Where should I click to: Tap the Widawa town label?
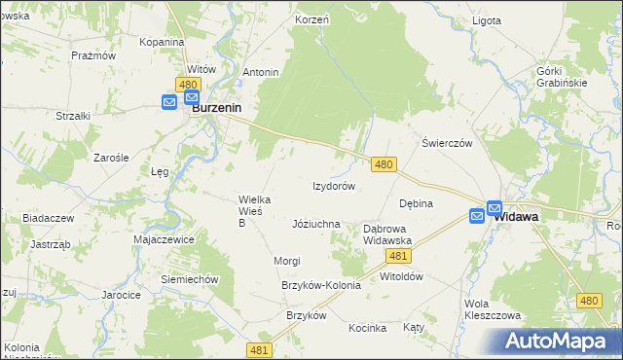coord(517,218)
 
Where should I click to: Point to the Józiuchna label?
coord(316,224)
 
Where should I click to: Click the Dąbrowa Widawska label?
coord(387,234)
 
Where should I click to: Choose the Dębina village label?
coord(416,203)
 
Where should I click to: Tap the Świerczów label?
coord(447,142)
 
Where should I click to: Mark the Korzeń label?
coord(311,19)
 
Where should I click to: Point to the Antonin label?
coord(261,72)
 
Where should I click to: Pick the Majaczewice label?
coord(165,239)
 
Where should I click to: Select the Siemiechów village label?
coord(190,278)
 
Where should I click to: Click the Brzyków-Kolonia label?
coord(320,285)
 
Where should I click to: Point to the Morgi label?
coord(287,261)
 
